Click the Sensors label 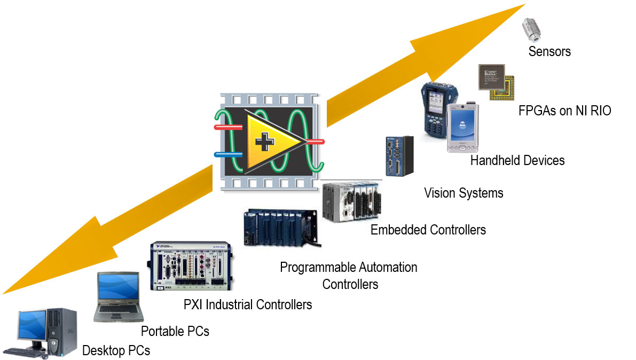pos(549,51)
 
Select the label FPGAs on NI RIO pos(564,111)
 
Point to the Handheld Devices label pos(517,160)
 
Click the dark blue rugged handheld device pos(435,109)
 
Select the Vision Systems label pos(464,192)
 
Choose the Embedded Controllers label pos(428,230)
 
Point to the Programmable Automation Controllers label pos(349,275)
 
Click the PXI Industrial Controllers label pos(248,304)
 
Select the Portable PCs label pos(175,331)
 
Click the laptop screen pos(117,288)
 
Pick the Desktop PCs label pos(116,350)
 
